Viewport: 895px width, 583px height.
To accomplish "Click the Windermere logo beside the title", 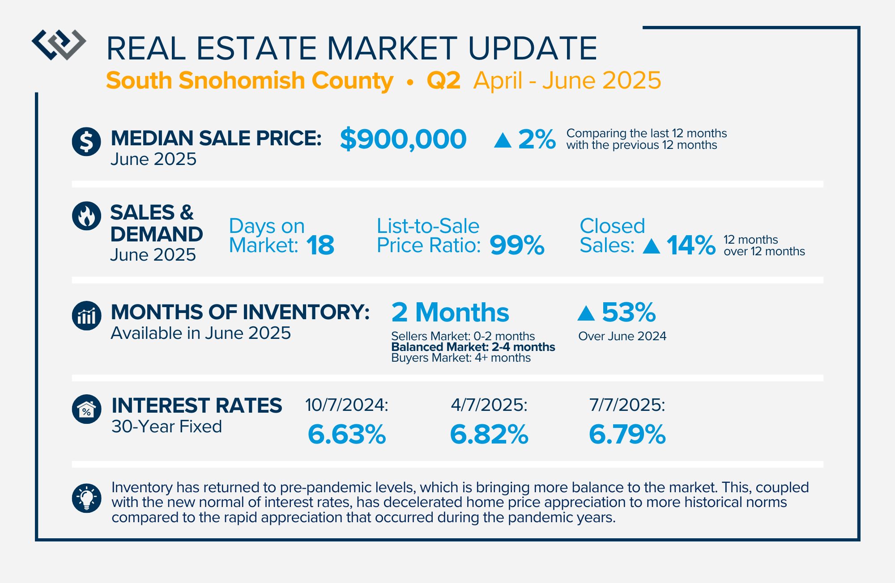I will click(x=59, y=45).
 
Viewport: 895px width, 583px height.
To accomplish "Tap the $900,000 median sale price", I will click(x=403, y=139).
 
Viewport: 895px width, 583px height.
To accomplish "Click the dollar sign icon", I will click(x=86, y=142).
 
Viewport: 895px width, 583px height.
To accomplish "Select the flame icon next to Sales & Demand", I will click(x=86, y=216).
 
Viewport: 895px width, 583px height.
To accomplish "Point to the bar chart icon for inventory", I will click(x=86, y=316).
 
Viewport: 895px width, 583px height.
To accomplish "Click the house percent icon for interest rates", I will click(x=86, y=409).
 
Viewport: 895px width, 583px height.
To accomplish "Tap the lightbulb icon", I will click(x=86, y=498).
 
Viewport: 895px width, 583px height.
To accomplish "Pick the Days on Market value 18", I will click(x=320, y=245).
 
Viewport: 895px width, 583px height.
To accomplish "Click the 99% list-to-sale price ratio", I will click(x=517, y=245).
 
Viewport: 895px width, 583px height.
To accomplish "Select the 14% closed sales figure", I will click(x=691, y=245).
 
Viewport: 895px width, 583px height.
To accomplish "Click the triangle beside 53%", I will click(x=586, y=313).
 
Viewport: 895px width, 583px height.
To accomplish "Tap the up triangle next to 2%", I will click(x=503, y=140).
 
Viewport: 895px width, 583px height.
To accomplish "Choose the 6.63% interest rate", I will click(x=347, y=434).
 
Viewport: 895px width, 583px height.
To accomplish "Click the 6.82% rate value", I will click(x=489, y=434).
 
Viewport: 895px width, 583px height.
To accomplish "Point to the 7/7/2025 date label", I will click(x=627, y=405).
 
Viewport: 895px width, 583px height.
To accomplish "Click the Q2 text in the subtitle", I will click(x=443, y=80).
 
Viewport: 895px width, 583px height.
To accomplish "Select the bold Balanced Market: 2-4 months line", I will click(x=473, y=347).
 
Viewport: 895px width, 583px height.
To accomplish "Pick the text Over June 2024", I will click(x=622, y=336).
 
